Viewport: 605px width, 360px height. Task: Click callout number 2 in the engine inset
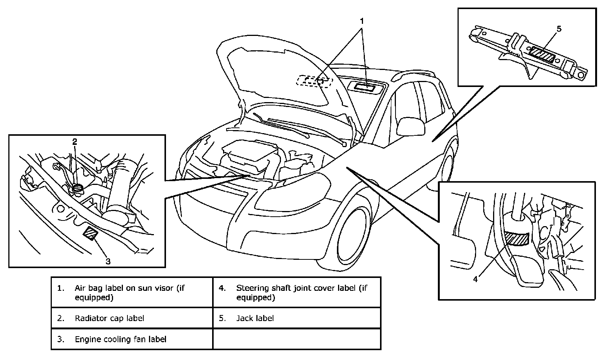(75, 142)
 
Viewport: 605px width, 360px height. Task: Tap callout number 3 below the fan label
(108, 261)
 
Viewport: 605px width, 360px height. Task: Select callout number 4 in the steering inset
(475, 279)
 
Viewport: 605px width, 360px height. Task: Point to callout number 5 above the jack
(559, 29)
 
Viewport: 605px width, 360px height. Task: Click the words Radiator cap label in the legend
(109, 318)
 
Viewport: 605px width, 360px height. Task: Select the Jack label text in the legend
(255, 318)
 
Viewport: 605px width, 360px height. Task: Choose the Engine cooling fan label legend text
(121, 339)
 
